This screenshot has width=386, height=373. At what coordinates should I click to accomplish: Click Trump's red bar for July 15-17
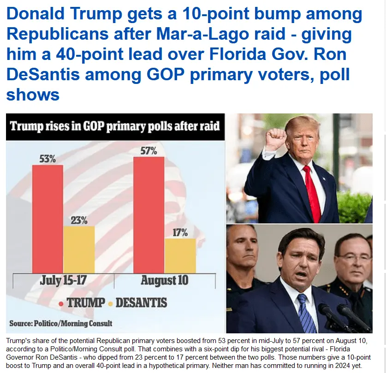point(48,219)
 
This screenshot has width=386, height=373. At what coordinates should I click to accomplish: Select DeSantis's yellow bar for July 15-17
point(79,249)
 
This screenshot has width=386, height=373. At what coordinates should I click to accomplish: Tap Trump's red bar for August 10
point(148,214)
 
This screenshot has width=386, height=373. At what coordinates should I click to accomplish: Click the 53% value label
point(47,159)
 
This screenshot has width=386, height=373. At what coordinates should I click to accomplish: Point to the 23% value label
point(79,219)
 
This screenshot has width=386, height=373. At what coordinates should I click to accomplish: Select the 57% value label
point(148,151)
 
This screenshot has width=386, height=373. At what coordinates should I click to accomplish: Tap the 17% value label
point(180,232)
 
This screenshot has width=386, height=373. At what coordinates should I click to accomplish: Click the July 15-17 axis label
point(63,280)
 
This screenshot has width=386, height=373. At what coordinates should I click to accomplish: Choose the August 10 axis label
point(164,280)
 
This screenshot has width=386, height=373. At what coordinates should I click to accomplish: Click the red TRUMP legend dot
point(61,303)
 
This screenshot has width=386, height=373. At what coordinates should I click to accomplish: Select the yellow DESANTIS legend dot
point(110,303)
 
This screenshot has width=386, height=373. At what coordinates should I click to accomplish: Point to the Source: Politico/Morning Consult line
point(61,323)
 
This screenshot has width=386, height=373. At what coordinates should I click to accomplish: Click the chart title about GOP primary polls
point(115,126)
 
